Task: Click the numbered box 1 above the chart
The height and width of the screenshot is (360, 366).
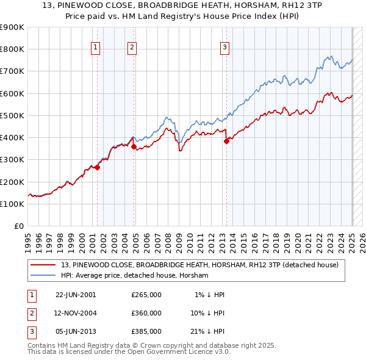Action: pos(96,49)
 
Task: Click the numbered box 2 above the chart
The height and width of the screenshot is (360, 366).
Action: pos(132,49)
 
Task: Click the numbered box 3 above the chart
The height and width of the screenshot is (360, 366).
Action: pos(224,49)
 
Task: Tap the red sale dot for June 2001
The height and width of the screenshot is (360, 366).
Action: pos(97,168)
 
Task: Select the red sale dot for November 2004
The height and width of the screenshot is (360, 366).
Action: pos(134,146)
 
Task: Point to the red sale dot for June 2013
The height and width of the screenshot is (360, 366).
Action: pos(226,141)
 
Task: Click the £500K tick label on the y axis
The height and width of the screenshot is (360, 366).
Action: pos(12,115)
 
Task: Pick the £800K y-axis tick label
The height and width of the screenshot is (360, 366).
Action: pos(12,49)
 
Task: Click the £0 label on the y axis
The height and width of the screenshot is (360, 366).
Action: pos(18,226)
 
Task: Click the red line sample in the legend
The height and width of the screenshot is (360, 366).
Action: pos(44,265)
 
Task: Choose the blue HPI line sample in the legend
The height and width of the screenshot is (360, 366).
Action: pos(44,275)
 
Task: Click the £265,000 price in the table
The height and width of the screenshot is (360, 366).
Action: pos(146,295)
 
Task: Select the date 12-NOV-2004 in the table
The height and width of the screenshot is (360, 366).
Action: pos(76,313)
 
